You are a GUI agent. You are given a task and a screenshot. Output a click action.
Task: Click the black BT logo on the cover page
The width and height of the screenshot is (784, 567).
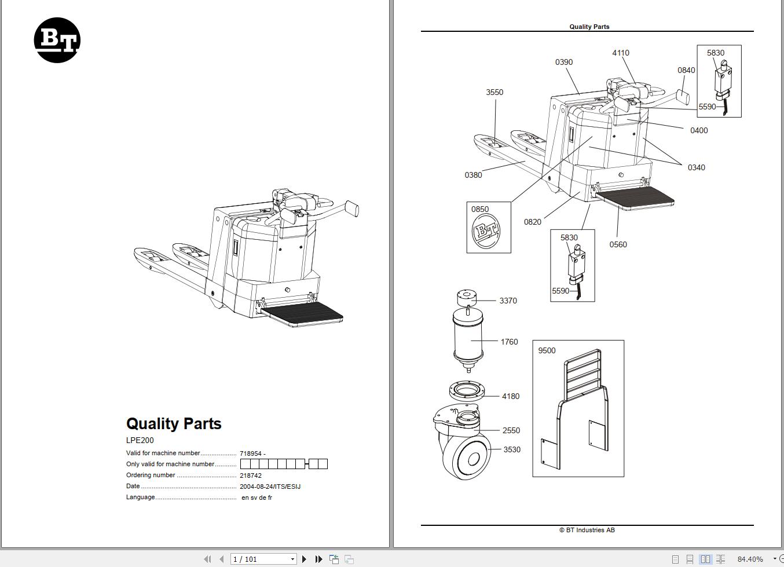57,40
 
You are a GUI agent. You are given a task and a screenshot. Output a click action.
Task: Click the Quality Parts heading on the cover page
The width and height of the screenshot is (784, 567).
174,423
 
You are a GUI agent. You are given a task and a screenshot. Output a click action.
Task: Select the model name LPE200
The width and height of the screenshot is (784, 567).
140,440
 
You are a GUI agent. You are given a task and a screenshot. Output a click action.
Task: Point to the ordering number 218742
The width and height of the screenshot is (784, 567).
251,475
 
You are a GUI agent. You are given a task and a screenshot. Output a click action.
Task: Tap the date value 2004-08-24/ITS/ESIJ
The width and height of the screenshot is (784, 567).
270,486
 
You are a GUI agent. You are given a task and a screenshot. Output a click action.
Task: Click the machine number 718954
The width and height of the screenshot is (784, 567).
251,453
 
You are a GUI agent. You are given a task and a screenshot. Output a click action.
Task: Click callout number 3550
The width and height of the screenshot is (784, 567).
494,92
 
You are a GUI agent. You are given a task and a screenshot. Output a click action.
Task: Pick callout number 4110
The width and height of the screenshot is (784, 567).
621,53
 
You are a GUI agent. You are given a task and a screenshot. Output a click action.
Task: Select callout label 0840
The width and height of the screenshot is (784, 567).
686,70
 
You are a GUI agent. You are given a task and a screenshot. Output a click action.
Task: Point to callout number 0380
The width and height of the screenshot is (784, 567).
473,175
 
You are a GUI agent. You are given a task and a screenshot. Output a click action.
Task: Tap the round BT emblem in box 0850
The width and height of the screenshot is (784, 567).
486,231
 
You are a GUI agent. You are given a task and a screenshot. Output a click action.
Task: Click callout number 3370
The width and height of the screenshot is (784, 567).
508,301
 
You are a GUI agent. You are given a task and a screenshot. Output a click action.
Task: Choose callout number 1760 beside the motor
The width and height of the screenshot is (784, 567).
509,342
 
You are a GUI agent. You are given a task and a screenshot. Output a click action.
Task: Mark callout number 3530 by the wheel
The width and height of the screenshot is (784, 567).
512,449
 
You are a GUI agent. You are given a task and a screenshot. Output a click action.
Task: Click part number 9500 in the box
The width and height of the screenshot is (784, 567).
547,350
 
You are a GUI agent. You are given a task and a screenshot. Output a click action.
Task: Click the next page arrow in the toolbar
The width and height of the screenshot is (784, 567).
304,559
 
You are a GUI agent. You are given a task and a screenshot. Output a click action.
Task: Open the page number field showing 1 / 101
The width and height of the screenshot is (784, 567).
263,559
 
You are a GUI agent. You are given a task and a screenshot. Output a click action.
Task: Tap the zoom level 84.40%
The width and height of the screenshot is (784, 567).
750,559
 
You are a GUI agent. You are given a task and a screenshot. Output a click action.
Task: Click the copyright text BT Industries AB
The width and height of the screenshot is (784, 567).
587,530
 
